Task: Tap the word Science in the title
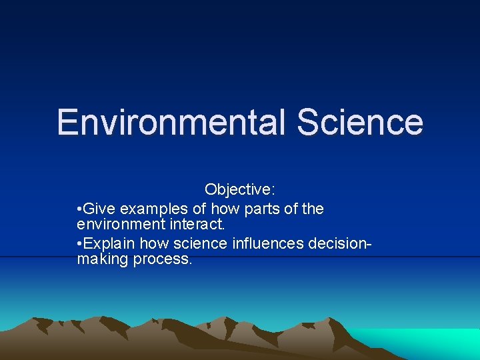[360, 123]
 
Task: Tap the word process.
[163, 259]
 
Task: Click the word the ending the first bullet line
[313, 209]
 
